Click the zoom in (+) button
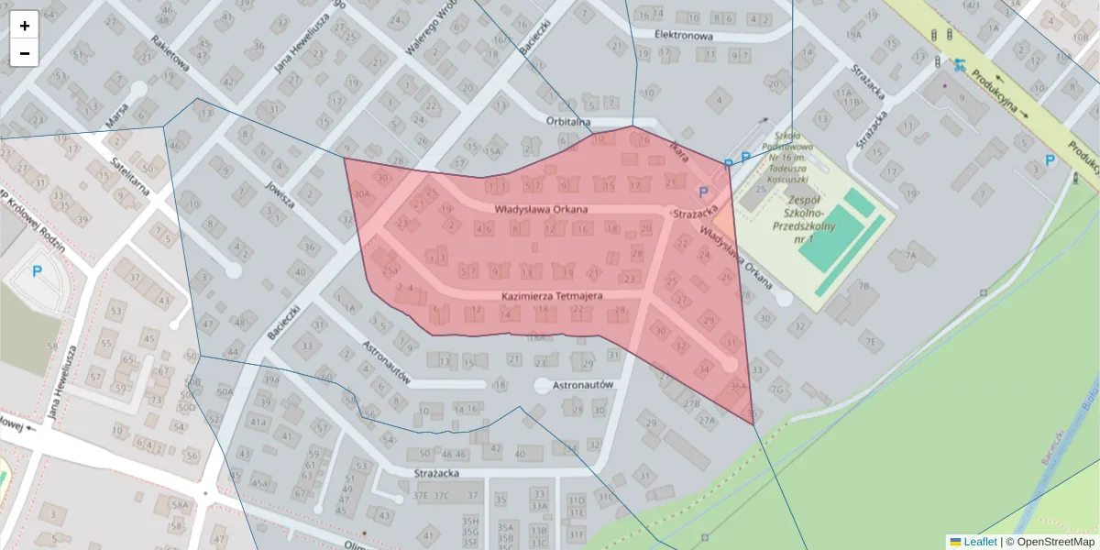[25, 26]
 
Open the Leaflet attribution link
[980, 542]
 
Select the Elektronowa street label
[683, 35]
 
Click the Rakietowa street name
[170, 58]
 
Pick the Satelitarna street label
[129, 175]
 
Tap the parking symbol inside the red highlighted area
[704, 192]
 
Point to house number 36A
[738, 386]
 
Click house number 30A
[362, 193]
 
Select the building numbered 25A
[390, 270]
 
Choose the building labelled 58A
[179, 504]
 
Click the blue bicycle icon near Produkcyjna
[959, 64]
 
